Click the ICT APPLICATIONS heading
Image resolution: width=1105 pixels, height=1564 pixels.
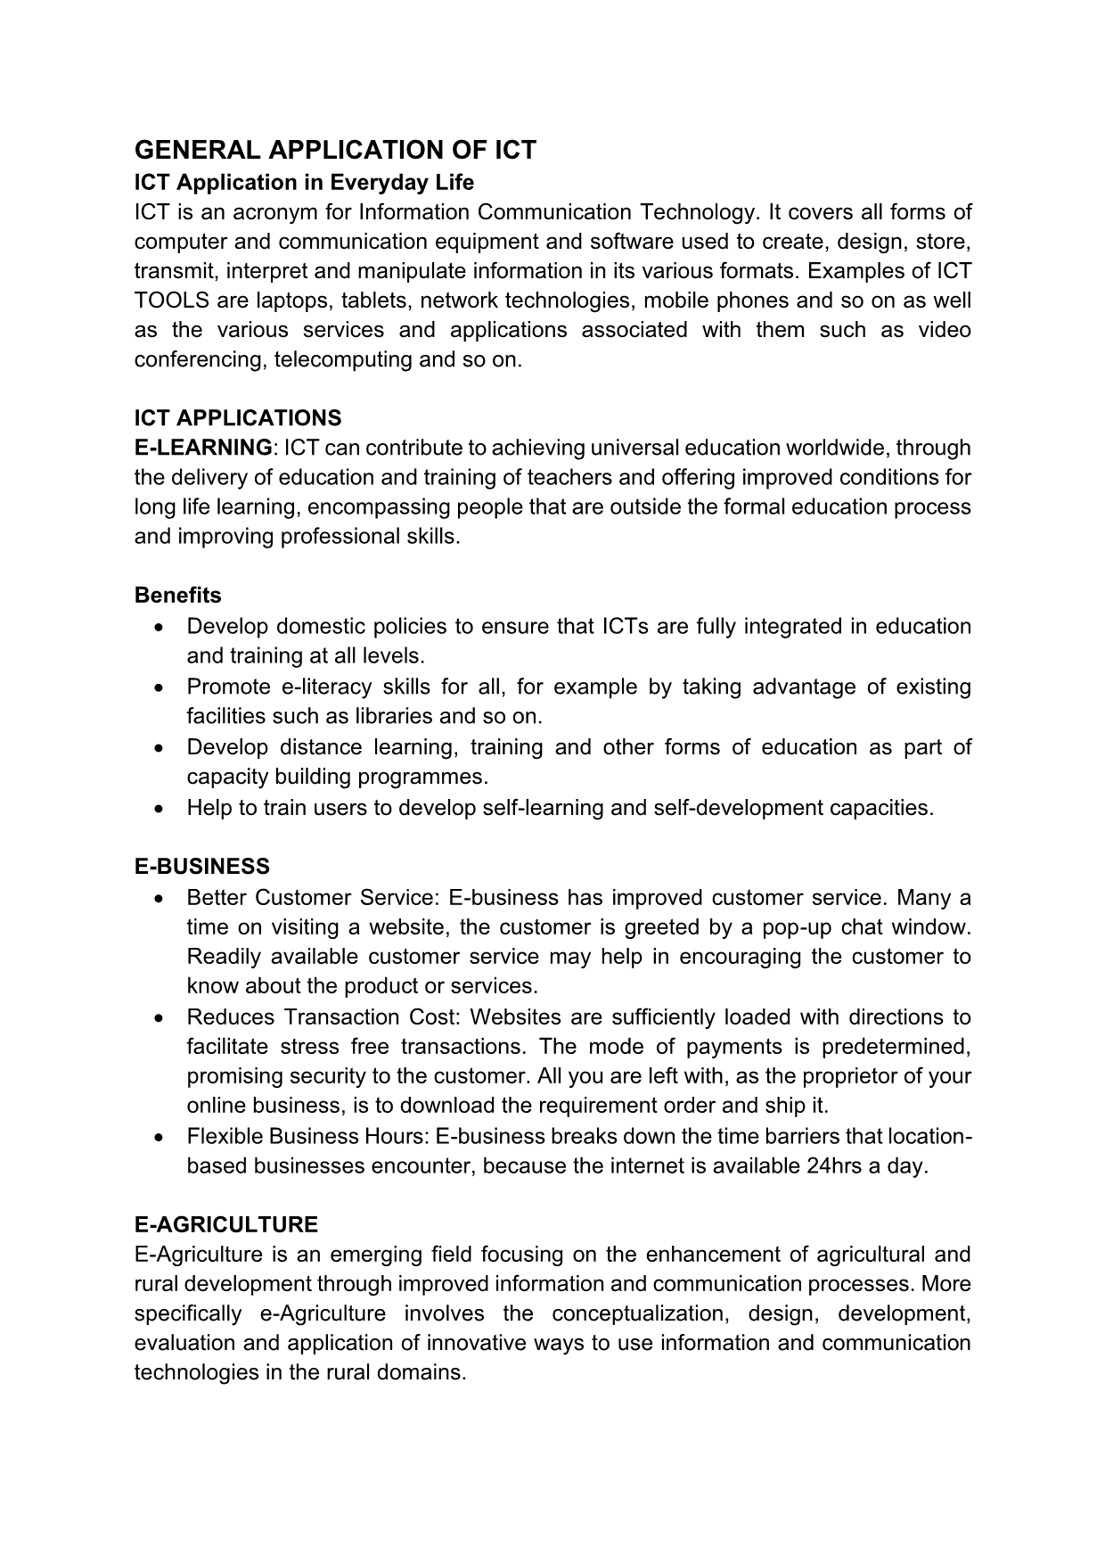tap(238, 418)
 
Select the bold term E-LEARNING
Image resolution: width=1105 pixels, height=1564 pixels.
tap(203, 448)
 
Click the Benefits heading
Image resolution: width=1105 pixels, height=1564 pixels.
tap(178, 595)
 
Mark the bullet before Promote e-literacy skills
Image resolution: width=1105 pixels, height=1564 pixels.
tap(159, 687)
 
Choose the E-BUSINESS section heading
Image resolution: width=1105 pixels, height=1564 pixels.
tap(202, 867)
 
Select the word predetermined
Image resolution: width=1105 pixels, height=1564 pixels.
tap(895, 1046)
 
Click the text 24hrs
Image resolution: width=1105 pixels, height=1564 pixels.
tap(834, 1166)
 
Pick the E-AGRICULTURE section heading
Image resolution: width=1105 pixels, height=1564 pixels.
tap(226, 1224)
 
